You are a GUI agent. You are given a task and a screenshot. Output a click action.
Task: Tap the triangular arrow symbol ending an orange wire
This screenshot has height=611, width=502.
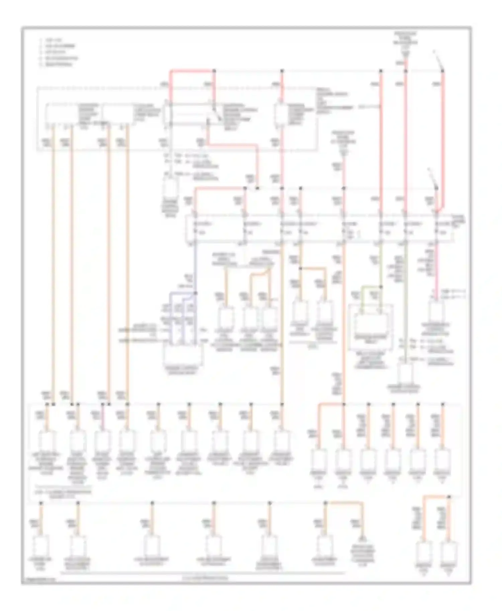(x=362, y=538)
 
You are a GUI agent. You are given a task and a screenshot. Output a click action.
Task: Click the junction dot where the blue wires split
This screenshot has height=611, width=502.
(x=195, y=293)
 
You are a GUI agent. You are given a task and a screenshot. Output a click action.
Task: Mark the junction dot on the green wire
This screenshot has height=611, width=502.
(x=381, y=287)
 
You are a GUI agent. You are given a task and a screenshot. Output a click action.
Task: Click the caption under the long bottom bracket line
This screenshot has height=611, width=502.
(x=205, y=578)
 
